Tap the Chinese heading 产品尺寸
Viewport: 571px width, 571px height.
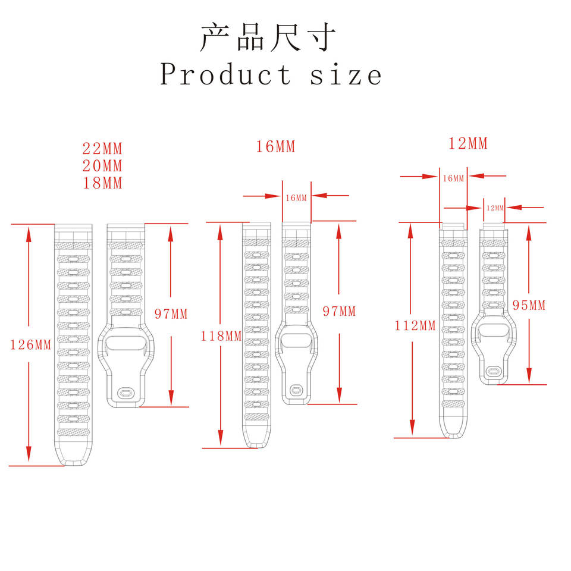pos(268,37)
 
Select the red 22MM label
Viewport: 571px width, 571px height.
pos(102,149)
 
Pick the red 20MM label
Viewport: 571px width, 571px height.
pos(102,166)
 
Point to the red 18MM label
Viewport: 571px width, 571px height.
pos(102,183)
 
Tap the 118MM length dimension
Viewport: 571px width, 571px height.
pos(221,336)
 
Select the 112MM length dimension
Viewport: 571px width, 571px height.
pos(415,325)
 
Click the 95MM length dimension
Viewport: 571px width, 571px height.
pos(529,306)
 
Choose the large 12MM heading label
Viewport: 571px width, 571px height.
pos(468,144)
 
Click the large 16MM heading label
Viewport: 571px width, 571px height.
pos(275,147)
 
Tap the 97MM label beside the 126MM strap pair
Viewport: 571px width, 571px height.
pos(171,314)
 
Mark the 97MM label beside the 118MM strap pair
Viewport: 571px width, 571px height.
pos(338,311)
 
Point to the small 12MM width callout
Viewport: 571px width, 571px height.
pos(495,208)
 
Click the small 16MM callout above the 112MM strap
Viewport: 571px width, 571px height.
pos(453,178)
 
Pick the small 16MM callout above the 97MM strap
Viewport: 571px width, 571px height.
pos(296,197)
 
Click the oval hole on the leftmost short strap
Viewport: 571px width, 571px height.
pos(126,393)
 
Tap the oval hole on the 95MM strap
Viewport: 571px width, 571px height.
pos(493,372)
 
